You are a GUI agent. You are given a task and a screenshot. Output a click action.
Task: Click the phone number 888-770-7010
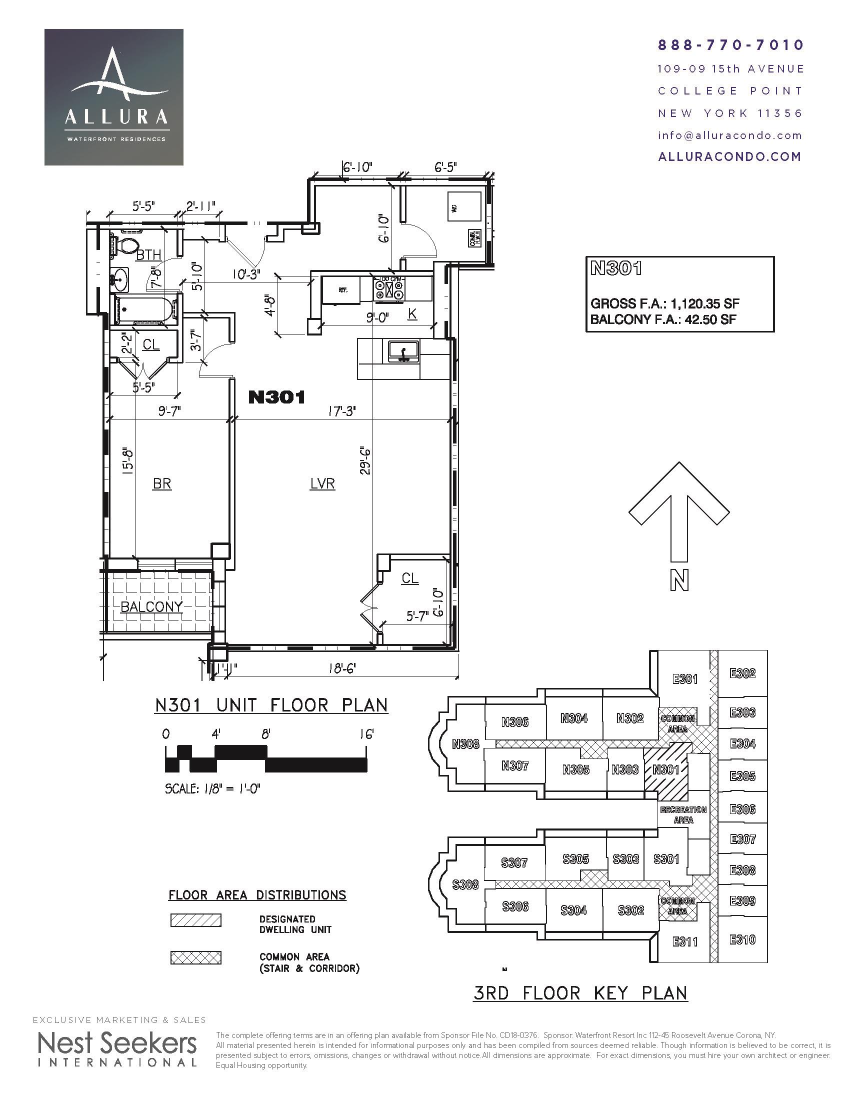tap(730, 45)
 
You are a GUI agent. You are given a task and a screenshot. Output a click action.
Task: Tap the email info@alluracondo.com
tap(729, 135)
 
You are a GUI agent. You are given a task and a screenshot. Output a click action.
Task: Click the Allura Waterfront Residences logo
tap(114, 97)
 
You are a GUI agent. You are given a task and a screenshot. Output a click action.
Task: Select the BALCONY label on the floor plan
tap(151, 607)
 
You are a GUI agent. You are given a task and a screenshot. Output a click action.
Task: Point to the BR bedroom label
tap(162, 484)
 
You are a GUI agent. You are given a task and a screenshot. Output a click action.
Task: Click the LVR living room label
tap(322, 484)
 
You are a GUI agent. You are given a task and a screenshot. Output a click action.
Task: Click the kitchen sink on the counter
tap(403, 351)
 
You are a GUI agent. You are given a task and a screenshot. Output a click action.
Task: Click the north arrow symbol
tap(679, 513)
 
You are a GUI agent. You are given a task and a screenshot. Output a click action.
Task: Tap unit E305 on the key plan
tap(742, 776)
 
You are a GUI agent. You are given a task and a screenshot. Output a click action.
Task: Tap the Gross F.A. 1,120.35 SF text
tap(664, 303)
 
